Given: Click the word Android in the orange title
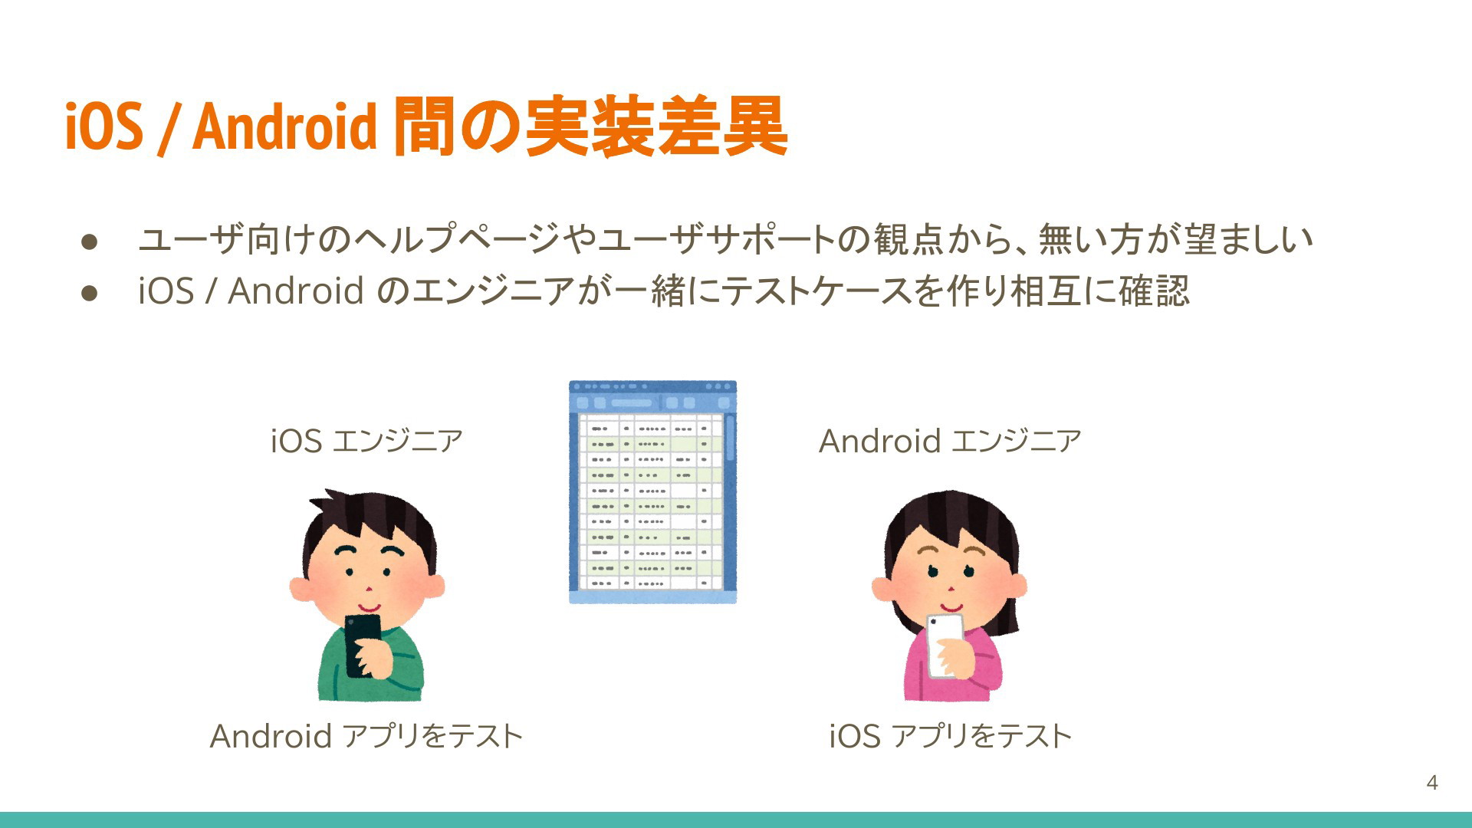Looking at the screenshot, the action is pos(284,126).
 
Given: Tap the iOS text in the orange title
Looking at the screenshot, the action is pos(104,126).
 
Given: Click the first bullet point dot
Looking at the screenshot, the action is pos(90,242).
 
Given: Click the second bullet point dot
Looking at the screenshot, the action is pos(90,292).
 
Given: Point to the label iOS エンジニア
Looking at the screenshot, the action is pos(366,441).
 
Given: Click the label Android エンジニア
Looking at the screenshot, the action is pos(950,441).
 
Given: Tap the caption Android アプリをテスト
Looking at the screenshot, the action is pos(366,736).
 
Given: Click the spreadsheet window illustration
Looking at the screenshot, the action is pos(652,491).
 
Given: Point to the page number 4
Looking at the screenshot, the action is pos(1431,783).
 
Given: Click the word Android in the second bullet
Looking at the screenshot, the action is pos(295,291).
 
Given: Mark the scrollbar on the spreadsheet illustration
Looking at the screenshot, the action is pos(730,437).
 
